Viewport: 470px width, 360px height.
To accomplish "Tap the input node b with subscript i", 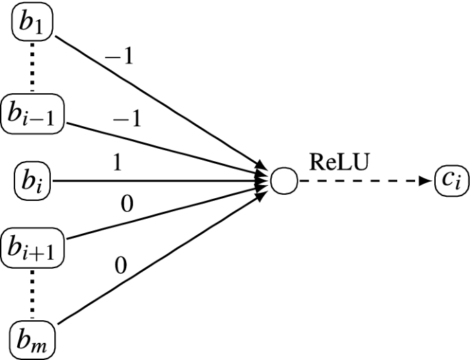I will pos(32,182).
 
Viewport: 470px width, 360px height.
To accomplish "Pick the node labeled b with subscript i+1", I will pos(32,247).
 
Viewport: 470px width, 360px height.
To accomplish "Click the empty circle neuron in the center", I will pos(283,182).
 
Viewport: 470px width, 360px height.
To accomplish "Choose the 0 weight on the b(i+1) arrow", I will pos(126,204).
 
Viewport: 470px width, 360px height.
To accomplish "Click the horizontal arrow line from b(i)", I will pos(158,182).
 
